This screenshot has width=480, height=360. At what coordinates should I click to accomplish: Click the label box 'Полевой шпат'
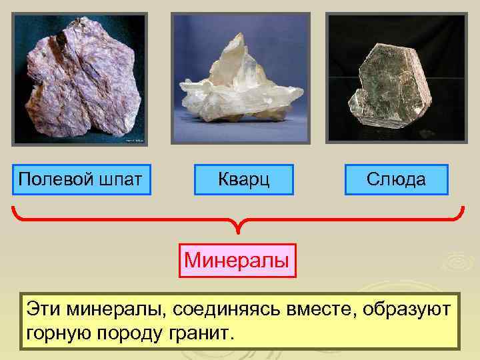click(x=83, y=179)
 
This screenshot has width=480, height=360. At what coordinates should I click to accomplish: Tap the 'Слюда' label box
click(x=397, y=179)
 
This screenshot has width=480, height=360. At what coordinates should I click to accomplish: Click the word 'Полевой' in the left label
click(x=52, y=179)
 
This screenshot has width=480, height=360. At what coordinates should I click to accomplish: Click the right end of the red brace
click(x=462, y=209)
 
